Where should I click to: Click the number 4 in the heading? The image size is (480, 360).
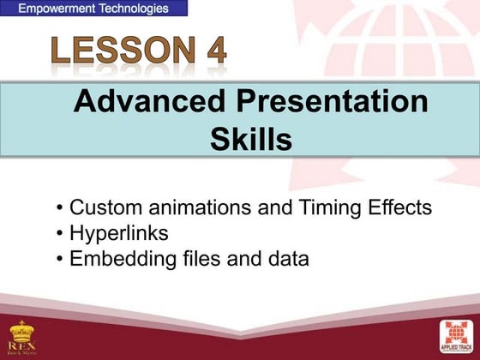(x=212, y=52)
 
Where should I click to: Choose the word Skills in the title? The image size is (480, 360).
(x=251, y=140)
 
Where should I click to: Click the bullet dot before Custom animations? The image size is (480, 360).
(x=59, y=208)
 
